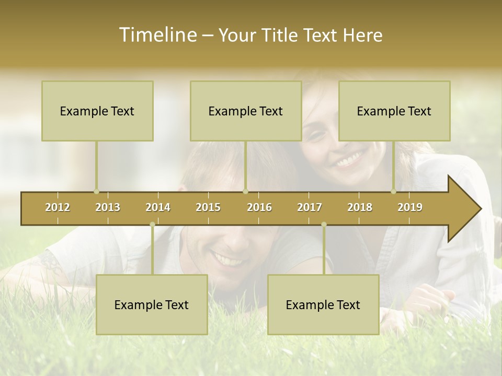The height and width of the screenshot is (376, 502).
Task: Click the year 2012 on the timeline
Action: (x=58, y=207)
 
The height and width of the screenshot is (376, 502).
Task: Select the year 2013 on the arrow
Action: (x=108, y=207)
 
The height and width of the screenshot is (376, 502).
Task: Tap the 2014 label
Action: (x=158, y=207)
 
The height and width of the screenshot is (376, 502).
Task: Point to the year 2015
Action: (x=208, y=207)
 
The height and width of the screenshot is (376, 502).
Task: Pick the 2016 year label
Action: (x=259, y=207)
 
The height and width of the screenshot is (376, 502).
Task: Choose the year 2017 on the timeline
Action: (x=310, y=207)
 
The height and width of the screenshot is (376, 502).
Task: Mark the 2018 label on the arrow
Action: (x=360, y=207)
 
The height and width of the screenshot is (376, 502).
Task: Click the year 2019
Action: (x=410, y=207)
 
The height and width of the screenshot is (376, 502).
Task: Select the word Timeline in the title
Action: (x=157, y=35)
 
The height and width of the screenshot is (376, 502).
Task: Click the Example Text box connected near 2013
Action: (x=97, y=111)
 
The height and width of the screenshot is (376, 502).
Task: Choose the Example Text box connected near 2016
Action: (x=246, y=111)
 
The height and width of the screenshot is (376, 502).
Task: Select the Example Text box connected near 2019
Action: (x=394, y=111)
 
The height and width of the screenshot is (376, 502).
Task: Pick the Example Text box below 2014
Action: (x=152, y=304)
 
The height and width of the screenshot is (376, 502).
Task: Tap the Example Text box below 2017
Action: (x=323, y=304)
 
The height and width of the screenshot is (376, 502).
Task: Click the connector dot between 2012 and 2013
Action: (x=96, y=191)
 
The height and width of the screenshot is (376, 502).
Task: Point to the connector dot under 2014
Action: (x=152, y=225)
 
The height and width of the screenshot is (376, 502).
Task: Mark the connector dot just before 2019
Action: (x=394, y=191)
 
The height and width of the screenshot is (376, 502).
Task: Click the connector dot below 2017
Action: (x=324, y=225)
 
